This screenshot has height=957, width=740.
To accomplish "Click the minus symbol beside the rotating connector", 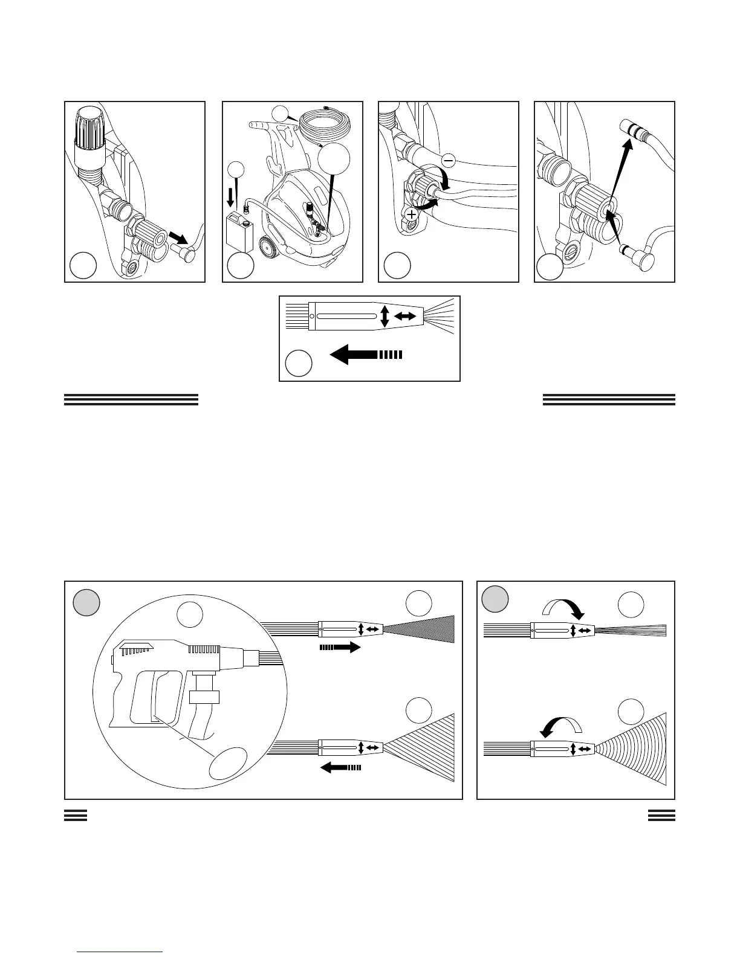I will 448,160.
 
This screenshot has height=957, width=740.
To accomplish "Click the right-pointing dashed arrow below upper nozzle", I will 339,648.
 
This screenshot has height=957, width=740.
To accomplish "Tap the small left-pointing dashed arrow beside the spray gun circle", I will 341,767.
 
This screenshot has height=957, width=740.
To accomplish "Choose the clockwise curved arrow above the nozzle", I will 562,607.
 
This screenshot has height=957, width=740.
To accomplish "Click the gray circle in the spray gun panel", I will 86,603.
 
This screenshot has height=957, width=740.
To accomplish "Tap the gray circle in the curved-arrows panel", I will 495,599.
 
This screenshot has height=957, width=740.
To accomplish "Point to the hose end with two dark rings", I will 631,129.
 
